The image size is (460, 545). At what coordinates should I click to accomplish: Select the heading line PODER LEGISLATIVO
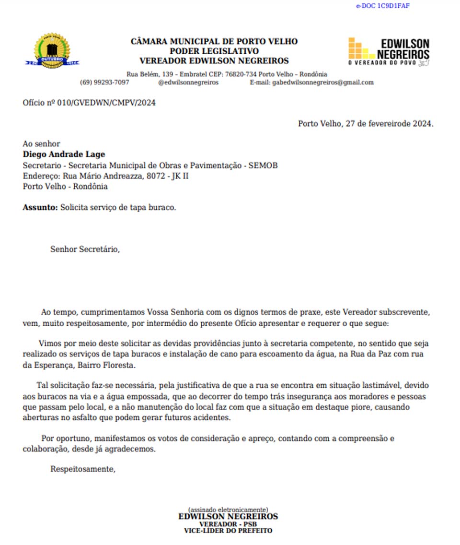tap(214, 51)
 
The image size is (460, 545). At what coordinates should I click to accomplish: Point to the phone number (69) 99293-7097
tap(104, 83)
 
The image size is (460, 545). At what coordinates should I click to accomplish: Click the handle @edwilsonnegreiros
tap(188, 83)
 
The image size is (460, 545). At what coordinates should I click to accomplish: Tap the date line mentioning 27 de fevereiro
tap(365, 123)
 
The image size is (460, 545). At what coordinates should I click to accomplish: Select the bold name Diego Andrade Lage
tap(64, 154)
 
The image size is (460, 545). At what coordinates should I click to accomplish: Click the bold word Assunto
tap(40, 208)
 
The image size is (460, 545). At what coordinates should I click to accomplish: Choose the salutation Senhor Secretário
tap(85, 249)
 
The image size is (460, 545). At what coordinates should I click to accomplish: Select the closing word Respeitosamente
tap(83, 469)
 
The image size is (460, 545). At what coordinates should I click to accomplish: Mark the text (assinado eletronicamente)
tap(228, 509)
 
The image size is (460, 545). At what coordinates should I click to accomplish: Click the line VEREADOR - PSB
tap(228, 524)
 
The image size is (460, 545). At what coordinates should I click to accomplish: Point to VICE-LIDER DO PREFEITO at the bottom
tap(228, 531)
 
